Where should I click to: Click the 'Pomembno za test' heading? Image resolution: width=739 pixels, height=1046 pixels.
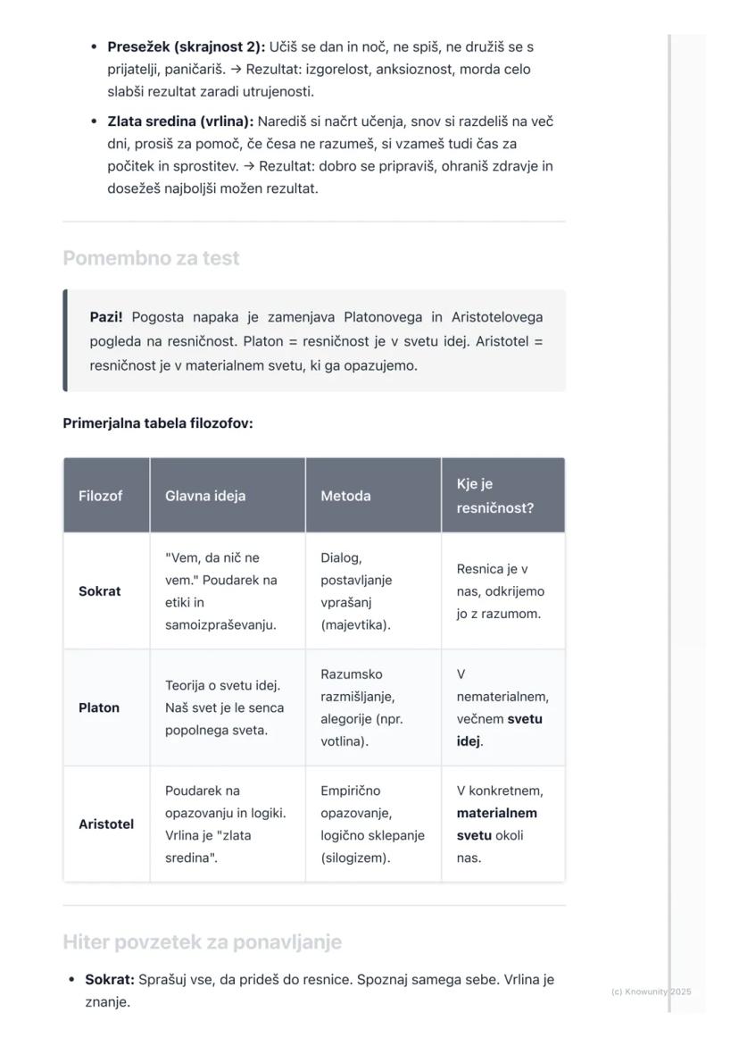[x=151, y=258]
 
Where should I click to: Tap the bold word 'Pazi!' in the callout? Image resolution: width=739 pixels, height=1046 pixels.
[x=106, y=317]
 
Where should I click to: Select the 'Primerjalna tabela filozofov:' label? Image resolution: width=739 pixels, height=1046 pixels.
[x=158, y=423]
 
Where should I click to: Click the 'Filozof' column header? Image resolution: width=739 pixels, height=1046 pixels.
[x=101, y=496]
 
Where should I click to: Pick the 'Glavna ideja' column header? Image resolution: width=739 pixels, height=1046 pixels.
[x=205, y=496]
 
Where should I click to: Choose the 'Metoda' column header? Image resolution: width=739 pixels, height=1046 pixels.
[x=345, y=496]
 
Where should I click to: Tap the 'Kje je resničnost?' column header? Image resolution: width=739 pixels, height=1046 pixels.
[x=494, y=496]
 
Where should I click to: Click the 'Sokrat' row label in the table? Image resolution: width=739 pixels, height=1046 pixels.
[x=99, y=591]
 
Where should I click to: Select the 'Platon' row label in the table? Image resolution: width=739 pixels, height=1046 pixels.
[x=98, y=707]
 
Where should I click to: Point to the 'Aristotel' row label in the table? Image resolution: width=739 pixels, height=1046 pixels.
[x=106, y=824]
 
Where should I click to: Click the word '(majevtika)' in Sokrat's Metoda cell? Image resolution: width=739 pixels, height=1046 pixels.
[x=355, y=625]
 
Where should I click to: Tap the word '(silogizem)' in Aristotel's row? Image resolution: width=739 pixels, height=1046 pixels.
[x=355, y=858]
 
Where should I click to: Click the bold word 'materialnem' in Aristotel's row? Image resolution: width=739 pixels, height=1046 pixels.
[x=496, y=813]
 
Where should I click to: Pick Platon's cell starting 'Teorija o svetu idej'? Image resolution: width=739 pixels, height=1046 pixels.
[x=224, y=707]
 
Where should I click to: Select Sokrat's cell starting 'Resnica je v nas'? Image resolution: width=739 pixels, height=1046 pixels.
[x=500, y=591]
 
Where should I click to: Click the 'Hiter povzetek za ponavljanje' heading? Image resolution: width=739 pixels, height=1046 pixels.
[x=202, y=942]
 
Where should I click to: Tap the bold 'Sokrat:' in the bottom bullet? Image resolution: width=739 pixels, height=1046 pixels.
[x=110, y=980]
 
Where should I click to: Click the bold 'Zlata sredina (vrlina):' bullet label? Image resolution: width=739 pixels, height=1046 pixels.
[x=180, y=121]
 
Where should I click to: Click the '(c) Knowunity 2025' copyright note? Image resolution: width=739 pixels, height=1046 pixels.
[x=651, y=992]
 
